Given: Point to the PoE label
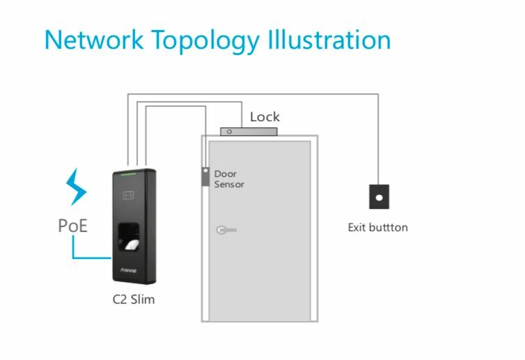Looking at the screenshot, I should pos(72,226).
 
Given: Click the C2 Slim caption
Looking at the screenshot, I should pos(134,300).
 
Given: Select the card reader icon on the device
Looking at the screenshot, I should pos(129,195).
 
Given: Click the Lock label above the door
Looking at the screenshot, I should pos(265,117).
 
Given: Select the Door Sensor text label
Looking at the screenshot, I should pos(228,179).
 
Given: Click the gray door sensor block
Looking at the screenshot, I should pos(205,177).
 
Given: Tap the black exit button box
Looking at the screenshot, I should pos(379,197).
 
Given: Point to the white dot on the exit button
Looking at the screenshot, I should pos(379,197).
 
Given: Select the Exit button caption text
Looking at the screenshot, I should pos(377,228).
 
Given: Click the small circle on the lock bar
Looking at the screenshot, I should pos(229,130).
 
